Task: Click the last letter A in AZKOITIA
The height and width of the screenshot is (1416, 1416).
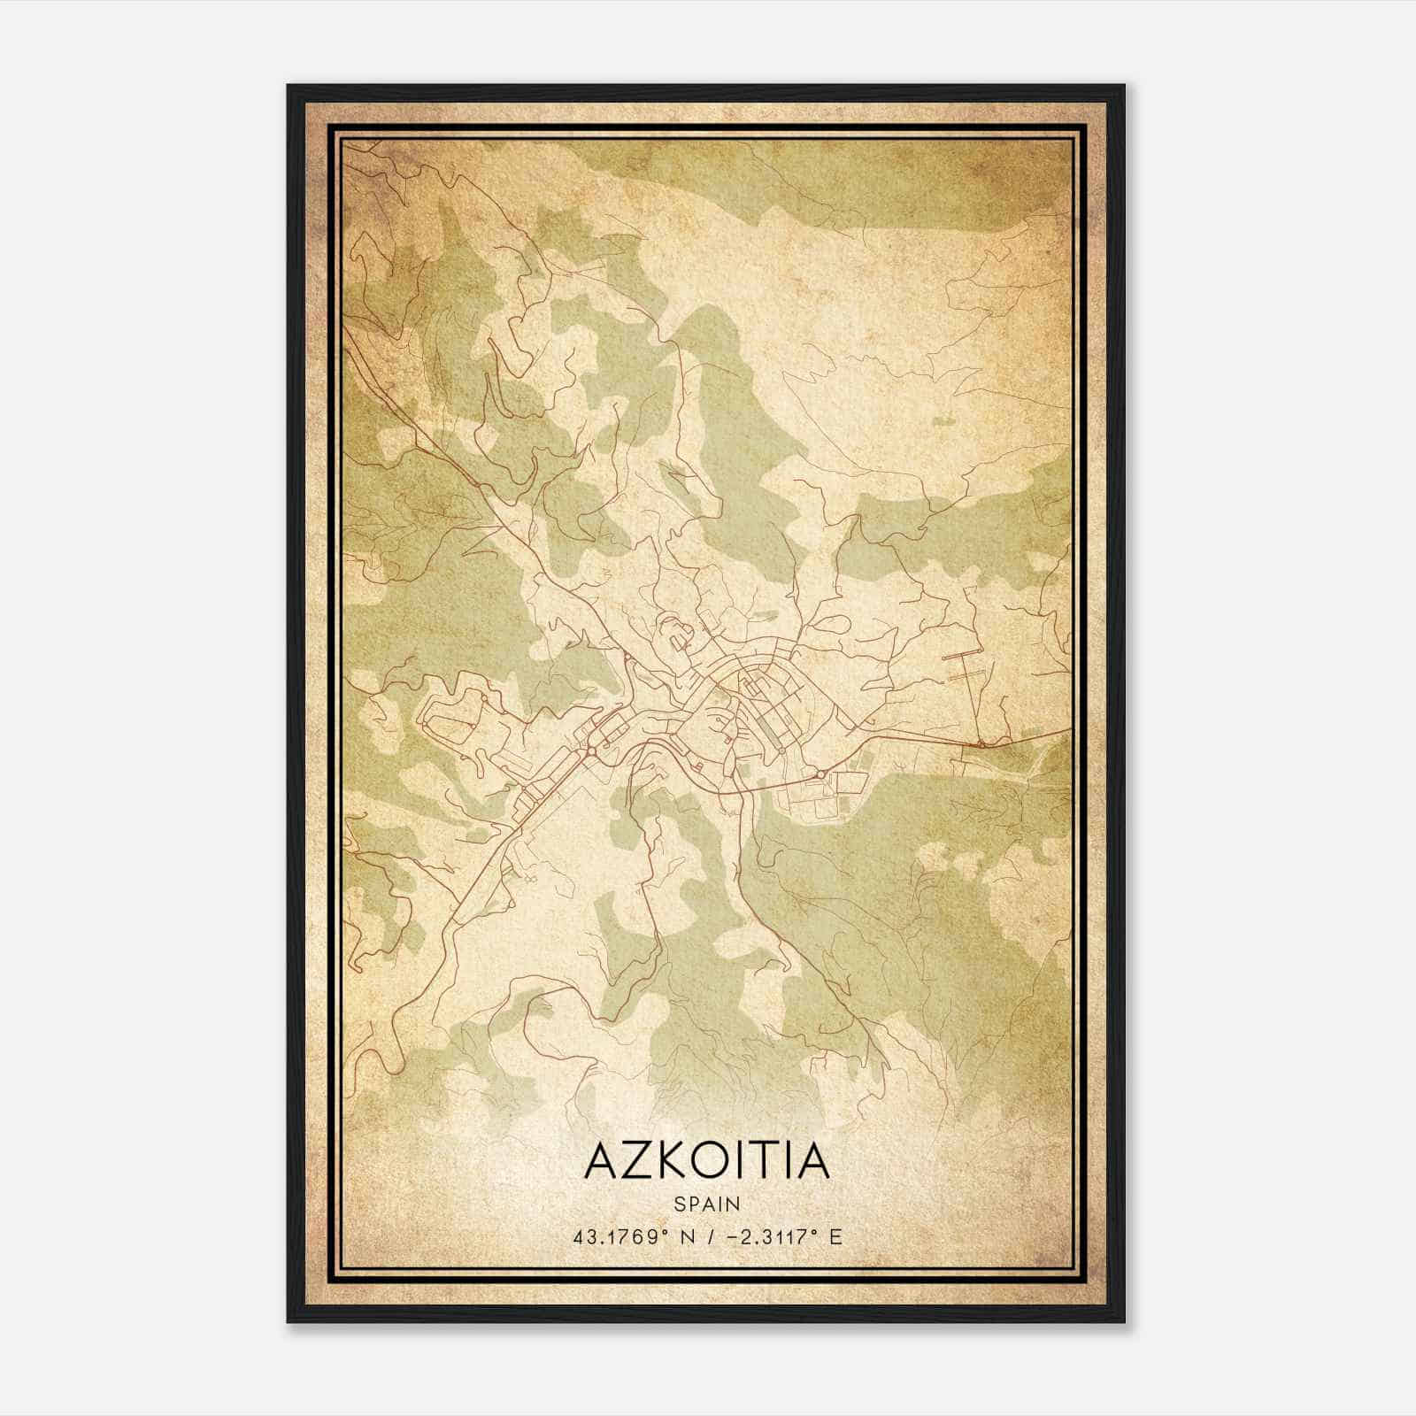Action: coord(812,1161)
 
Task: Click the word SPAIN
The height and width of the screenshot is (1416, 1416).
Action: coord(707,1204)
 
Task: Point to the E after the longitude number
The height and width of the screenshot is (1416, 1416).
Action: coord(836,1236)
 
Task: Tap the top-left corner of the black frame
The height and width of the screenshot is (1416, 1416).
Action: coord(289,86)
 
